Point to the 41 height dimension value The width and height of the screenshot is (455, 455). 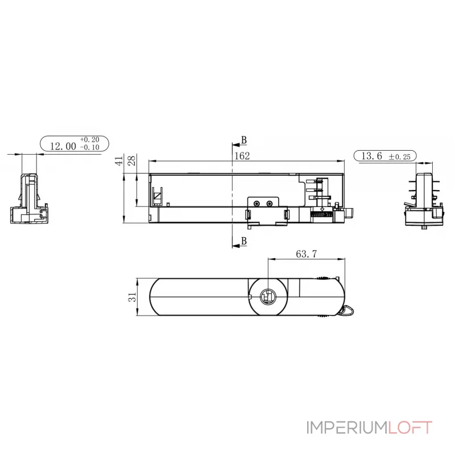(118, 161)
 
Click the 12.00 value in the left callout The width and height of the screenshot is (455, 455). (63, 146)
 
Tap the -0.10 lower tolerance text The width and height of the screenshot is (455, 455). (89, 147)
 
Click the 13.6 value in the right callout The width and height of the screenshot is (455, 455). (371, 155)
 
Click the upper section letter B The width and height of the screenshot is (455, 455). (244, 140)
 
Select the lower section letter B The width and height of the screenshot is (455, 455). (244, 242)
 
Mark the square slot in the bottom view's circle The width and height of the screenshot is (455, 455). (268, 297)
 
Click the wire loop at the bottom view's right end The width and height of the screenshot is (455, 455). (346, 310)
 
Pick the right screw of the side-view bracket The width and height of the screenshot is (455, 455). (269, 203)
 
